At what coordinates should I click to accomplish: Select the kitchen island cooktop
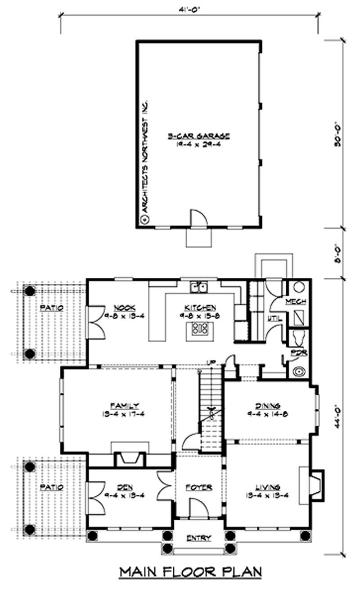click(x=198, y=330)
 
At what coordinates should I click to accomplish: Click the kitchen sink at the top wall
click(x=198, y=287)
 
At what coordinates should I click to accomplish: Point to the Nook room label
click(x=121, y=307)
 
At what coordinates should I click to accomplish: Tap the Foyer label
click(x=198, y=487)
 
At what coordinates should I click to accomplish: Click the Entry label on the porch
click(x=198, y=538)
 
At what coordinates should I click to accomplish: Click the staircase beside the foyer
click(x=210, y=405)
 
